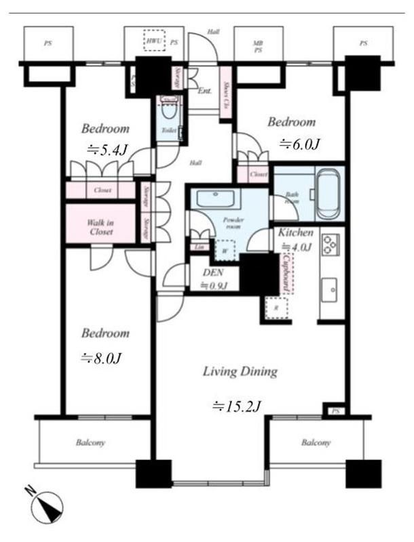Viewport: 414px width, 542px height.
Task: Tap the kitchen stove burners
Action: point(331,243)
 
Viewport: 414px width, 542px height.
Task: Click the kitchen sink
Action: point(330,289)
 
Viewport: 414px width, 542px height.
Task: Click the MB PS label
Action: point(258,46)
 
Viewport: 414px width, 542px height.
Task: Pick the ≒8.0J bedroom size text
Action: point(102,358)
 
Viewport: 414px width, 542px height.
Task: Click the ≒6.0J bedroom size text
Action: point(299,144)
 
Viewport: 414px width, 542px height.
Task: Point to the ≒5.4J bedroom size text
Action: point(107,150)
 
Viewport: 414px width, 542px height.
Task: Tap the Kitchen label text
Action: point(295,232)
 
